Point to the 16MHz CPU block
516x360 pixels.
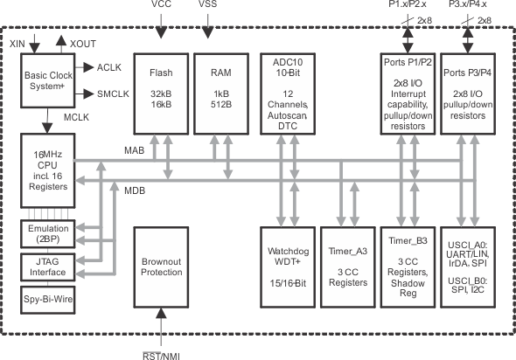coord(48,171)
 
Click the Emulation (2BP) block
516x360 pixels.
coord(48,234)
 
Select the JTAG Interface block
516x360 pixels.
coord(48,266)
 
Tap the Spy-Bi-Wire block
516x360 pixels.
coord(48,298)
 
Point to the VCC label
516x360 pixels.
coord(162,5)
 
